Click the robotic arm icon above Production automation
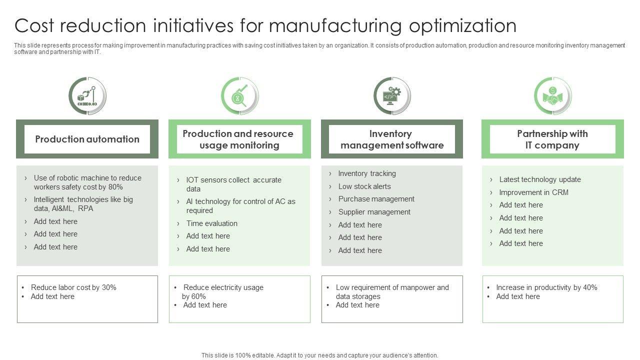87,95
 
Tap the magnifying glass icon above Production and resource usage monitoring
240,95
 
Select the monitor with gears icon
392,95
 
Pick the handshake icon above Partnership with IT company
552,95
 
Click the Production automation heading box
87,139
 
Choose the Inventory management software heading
392,139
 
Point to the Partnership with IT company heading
552,139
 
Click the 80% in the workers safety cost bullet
115,187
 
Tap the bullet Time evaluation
211,223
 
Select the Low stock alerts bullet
364,186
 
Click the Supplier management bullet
374,212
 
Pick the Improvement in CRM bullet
533,192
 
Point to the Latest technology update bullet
539,179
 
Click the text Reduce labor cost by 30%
73,287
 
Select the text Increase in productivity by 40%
546,287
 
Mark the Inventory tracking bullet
367,173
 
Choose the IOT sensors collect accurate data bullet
233,184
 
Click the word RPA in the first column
85,208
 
